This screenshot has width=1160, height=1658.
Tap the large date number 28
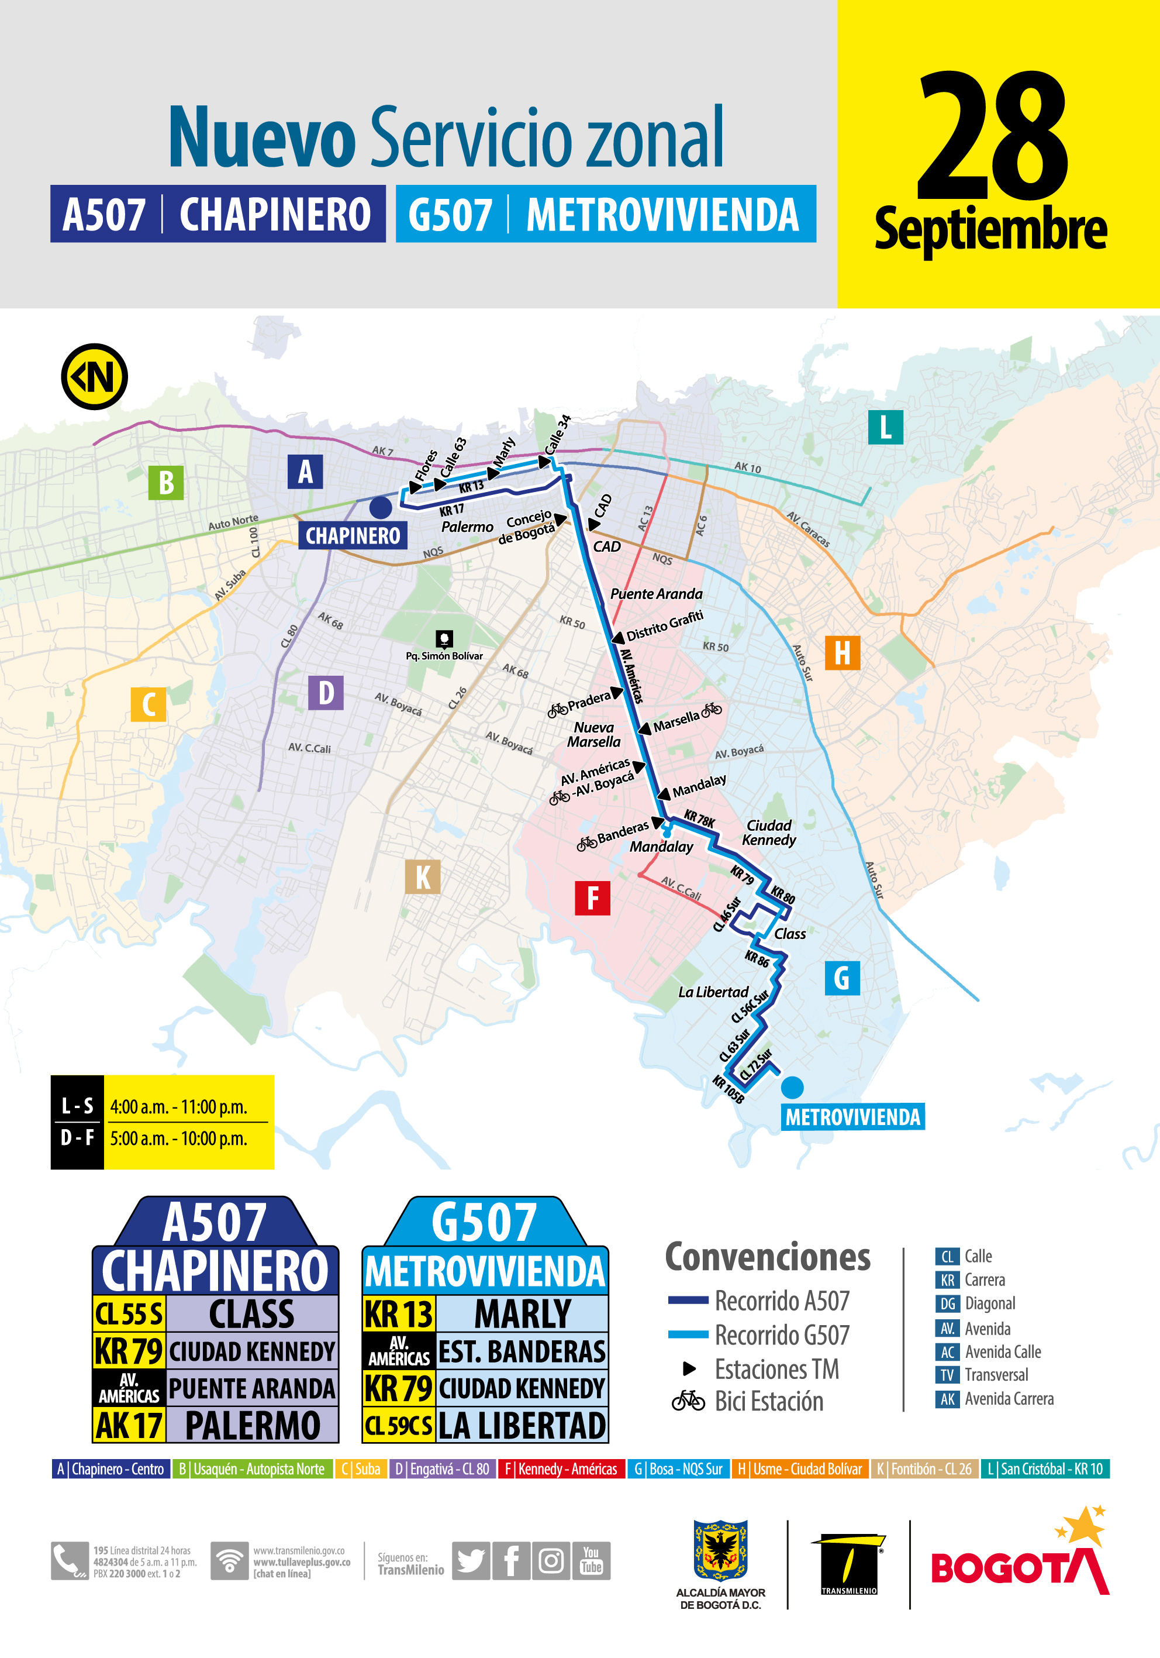(993, 137)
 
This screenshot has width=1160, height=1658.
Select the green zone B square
(166, 483)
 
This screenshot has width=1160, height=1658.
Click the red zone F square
(592, 897)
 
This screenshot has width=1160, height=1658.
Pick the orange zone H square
(842, 653)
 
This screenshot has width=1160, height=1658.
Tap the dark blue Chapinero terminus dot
(381, 508)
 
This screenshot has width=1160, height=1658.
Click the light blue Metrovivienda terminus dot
(792, 1087)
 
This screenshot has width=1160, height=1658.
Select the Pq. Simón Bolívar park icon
(444, 638)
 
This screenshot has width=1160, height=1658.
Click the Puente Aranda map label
(656, 594)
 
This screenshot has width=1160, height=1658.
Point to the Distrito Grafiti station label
(664, 625)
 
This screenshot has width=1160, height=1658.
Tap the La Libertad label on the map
(713, 992)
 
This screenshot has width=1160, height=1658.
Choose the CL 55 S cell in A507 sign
(129, 1313)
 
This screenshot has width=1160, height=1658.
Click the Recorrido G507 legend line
(688, 1334)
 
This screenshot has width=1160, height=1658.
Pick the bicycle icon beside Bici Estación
(688, 1401)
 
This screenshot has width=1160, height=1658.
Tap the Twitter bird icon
(471, 1560)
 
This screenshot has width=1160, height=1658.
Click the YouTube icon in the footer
(591, 1560)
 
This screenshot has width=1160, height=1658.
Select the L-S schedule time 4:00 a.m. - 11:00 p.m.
(178, 1107)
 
